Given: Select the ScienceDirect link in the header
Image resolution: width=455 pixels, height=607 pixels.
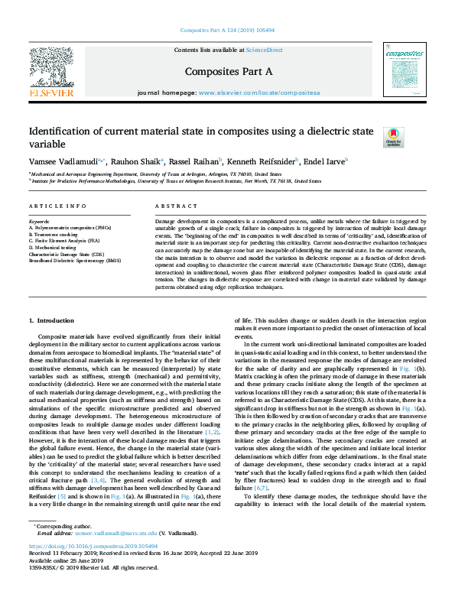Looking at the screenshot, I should (x=264, y=50).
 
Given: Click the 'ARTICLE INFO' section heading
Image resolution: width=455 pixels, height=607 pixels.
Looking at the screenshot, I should (x=57, y=206).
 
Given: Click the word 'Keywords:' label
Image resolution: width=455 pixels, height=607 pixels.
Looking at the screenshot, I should (x=41, y=222).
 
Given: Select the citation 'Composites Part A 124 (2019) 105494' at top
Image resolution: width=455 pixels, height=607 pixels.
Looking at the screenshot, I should (x=227, y=31).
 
